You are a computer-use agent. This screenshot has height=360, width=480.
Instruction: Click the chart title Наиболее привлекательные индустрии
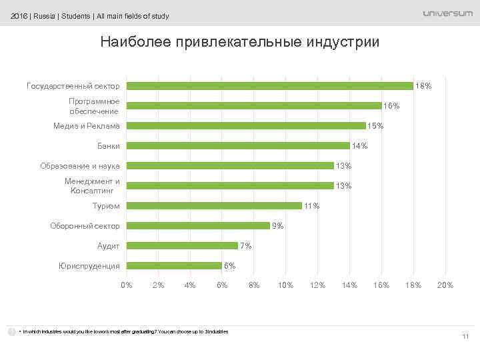(x=239, y=42)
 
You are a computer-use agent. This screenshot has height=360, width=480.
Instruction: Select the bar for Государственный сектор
(x=270, y=85)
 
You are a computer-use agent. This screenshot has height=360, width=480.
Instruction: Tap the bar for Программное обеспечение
(x=254, y=105)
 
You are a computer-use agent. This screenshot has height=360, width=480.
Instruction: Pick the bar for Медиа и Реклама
(x=246, y=125)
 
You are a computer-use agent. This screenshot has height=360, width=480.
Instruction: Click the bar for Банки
(x=238, y=145)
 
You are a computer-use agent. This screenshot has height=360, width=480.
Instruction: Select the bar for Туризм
(x=214, y=205)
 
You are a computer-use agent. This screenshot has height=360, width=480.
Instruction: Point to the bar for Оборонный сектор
(x=198, y=225)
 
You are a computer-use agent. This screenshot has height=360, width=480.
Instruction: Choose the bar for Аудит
(x=182, y=245)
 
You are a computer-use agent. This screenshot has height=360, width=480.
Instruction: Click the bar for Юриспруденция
(x=174, y=265)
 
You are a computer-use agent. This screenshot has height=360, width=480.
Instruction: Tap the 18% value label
(x=423, y=86)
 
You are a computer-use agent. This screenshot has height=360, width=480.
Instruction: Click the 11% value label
(x=311, y=206)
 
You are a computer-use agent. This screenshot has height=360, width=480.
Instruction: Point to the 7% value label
(x=245, y=246)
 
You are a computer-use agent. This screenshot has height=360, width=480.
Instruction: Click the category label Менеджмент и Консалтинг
(x=92, y=186)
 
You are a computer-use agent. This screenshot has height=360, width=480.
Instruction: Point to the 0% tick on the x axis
(x=126, y=285)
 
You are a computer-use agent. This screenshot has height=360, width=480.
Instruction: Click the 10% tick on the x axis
(x=285, y=285)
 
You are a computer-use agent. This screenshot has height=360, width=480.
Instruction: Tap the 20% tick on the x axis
(x=445, y=285)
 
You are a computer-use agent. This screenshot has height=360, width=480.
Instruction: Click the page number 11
(x=465, y=336)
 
